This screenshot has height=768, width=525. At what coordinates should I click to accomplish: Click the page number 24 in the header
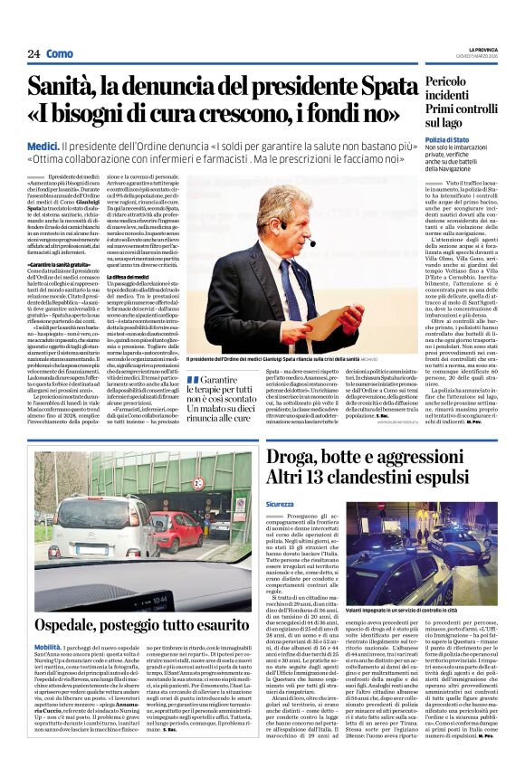[x=33, y=54]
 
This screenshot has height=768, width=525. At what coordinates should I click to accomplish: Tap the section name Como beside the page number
[x=60, y=54]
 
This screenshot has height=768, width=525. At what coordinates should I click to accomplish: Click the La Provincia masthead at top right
[x=489, y=50]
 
